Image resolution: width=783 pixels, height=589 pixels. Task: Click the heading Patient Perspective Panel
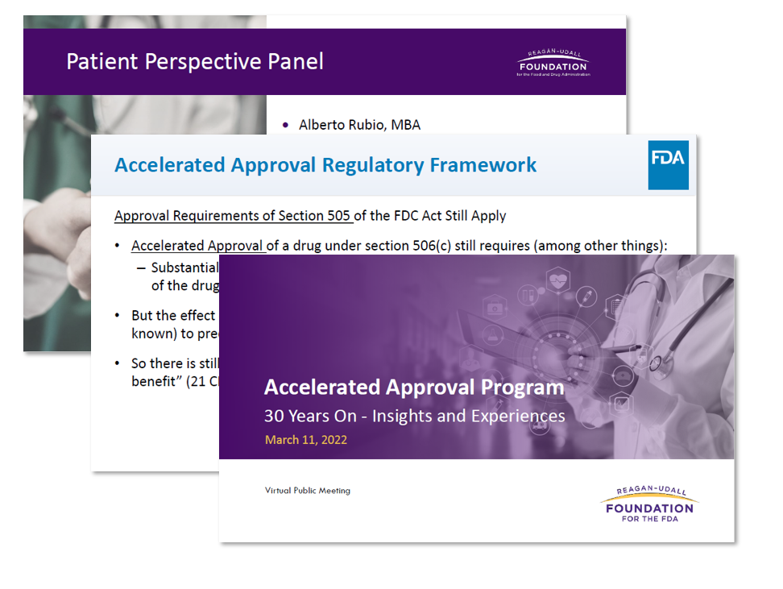tap(195, 62)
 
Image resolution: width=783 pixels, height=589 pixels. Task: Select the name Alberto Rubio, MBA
tap(359, 125)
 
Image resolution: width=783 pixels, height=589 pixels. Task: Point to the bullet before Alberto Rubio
tap(285, 125)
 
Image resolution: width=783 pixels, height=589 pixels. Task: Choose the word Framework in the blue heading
tap(483, 165)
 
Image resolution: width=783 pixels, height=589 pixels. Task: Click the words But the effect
tap(173, 316)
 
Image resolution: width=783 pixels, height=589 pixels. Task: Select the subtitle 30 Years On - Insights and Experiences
tap(414, 417)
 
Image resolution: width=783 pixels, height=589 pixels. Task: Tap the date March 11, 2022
tap(305, 440)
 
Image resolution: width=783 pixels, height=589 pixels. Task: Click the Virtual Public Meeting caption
tap(307, 491)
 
